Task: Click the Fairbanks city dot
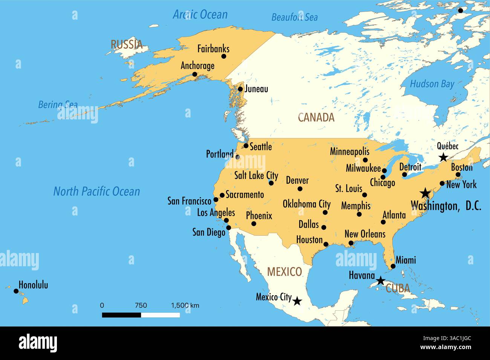(224, 56)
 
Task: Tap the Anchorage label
(197, 66)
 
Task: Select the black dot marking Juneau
(240, 89)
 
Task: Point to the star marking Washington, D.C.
(425, 193)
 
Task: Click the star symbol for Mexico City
(297, 301)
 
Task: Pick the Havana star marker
(381, 281)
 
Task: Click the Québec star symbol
(443, 157)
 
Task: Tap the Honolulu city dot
(16, 291)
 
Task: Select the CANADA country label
(316, 117)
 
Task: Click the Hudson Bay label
(432, 84)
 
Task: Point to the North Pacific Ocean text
(96, 191)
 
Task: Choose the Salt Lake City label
(256, 175)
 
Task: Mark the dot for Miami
(393, 266)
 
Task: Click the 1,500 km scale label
(185, 305)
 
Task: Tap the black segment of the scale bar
(121, 315)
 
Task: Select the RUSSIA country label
(127, 44)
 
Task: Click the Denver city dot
(300, 189)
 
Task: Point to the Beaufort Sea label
(294, 17)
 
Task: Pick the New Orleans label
(365, 234)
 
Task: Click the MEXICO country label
(284, 272)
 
